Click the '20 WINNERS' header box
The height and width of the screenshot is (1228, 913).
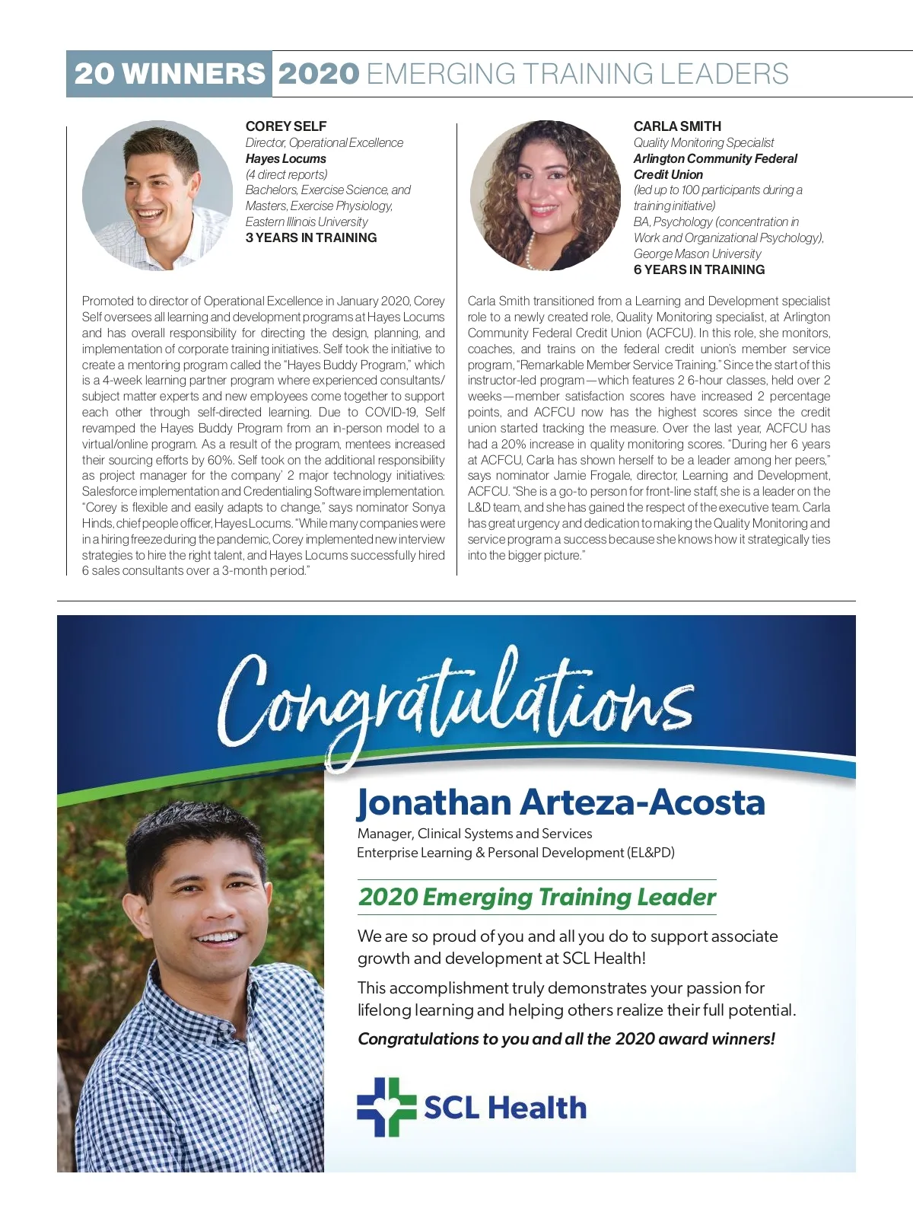pyautogui.click(x=169, y=74)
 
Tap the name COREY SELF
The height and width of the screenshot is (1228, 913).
pyautogui.click(x=285, y=126)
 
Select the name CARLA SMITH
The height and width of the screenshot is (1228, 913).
pyautogui.click(x=677, y=126)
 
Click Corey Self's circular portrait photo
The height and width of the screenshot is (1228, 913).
pyautogui.click(x=157, y=195)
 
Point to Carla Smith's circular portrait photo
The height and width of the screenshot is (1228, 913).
pyautogui.click(x=545, y=195)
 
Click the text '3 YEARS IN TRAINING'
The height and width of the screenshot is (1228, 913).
pyautogui.click(x=310, y=238)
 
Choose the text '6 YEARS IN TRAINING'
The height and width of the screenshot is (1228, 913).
pyautogui.click(x=698, y=270)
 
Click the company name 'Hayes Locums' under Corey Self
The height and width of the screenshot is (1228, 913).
pyautogui.click(x=285, y=158)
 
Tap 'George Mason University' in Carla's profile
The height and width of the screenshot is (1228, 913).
pyautogui.click(x=697, y=254)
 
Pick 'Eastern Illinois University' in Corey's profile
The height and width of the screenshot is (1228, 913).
pyautogui.click(x=306, y=222)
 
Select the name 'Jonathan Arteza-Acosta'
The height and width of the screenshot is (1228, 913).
pyautogui.click(x=561, y=802)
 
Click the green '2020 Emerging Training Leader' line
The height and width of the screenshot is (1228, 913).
pyautogui.click(x=537, y=897)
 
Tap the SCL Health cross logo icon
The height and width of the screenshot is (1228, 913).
pyautogui.click(x=387, y=1107)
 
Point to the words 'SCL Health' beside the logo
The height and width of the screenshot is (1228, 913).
pyautogui.click(x=505, y=1108)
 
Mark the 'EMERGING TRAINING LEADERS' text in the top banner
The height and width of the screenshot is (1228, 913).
pyautogui.click(x=577, y=74)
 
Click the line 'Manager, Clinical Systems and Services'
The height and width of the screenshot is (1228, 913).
pyautogui.click(x=474, y=834)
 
